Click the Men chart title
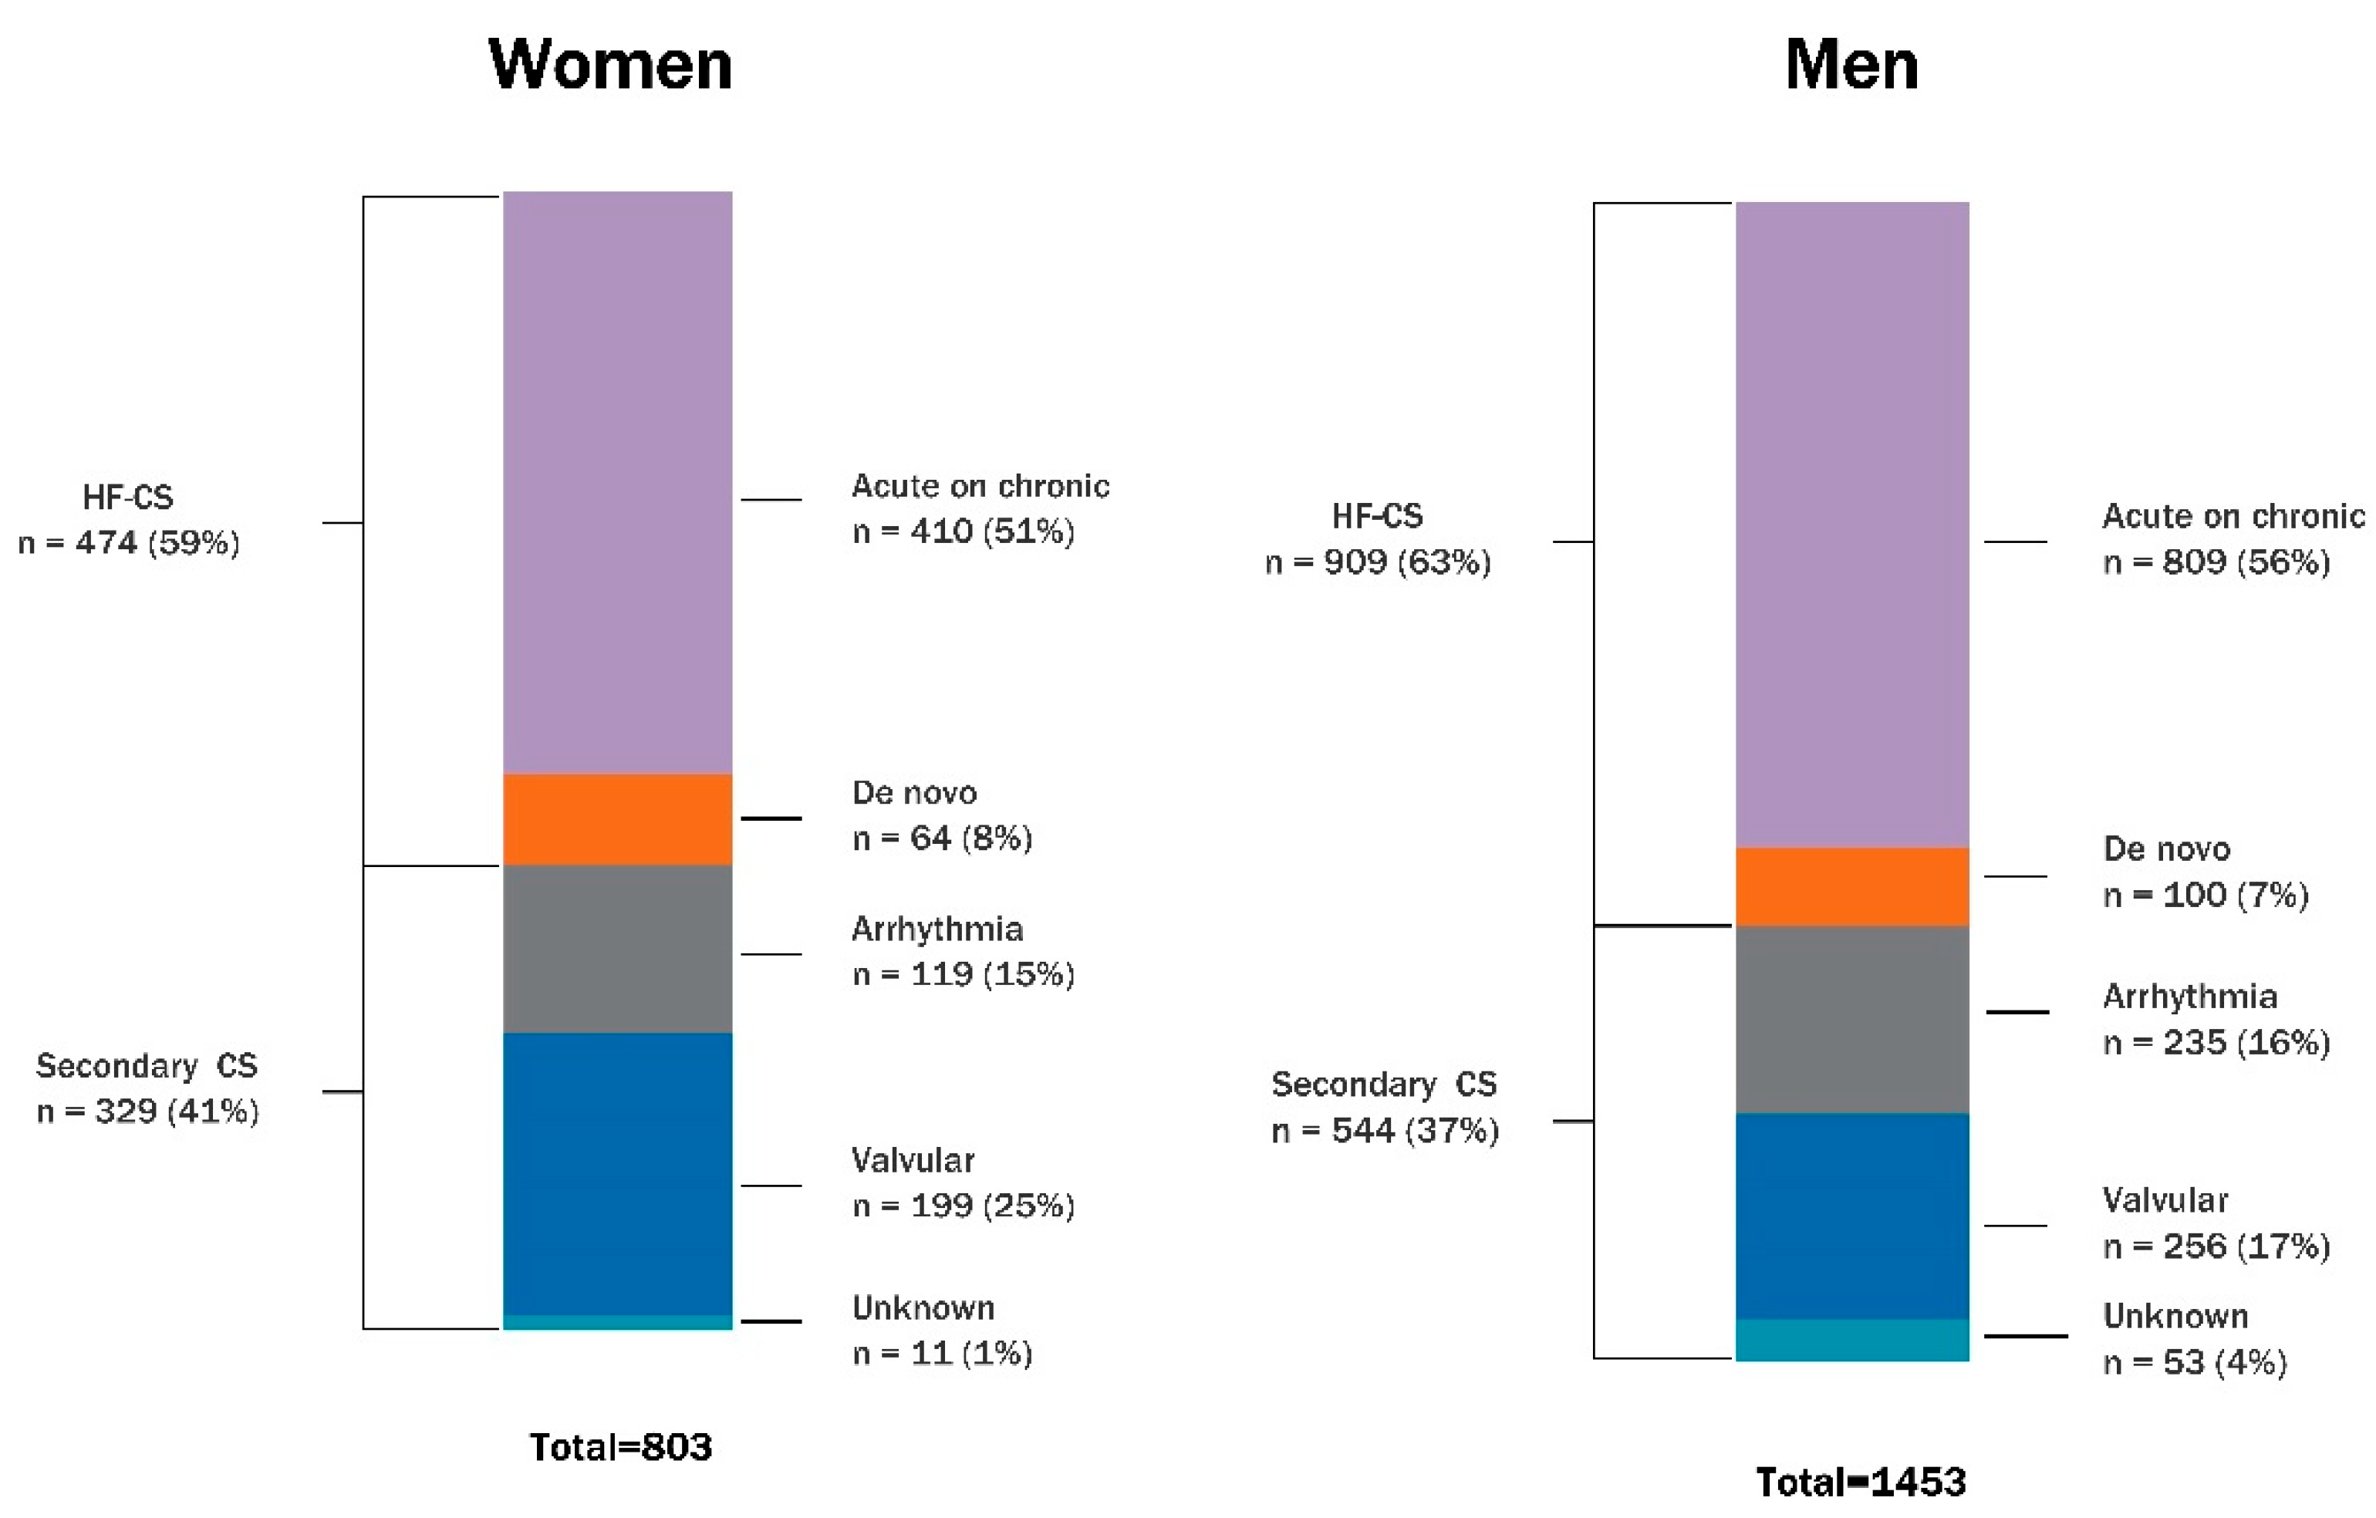coord(1851,65)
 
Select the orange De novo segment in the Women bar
coord(618,818)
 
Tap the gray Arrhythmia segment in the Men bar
coord(1852,1019)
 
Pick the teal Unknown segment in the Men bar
coord(1852,1340)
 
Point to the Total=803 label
coord(621,1447)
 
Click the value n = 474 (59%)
coord(130,542)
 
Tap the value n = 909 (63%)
coord(1378,562)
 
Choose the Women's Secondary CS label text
coord(147,1065)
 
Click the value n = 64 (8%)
coord(943,838)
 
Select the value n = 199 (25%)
coord(963,1206)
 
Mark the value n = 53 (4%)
coord(2195,1362)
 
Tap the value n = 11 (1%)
coord(943,1353)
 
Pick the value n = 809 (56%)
coord(2216,562)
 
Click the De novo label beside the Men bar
coord(2166,849)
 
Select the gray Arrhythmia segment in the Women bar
coord(618,949)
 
